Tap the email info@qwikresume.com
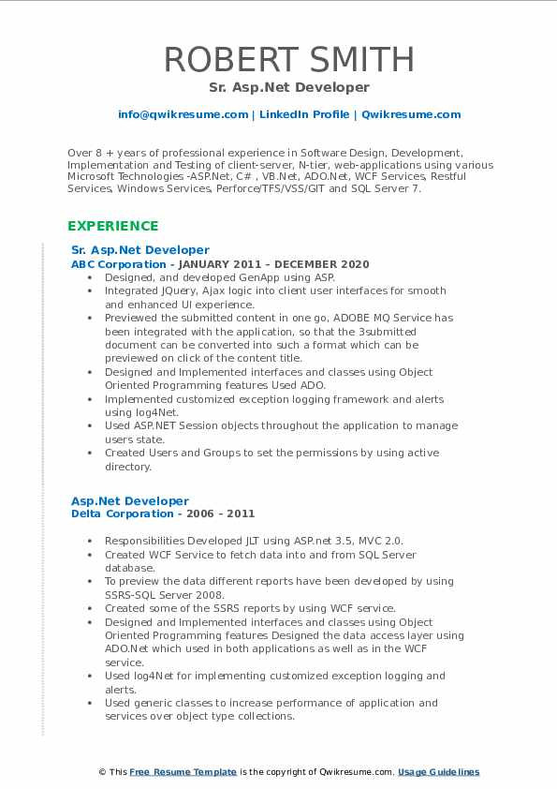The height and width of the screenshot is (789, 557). (183, 114)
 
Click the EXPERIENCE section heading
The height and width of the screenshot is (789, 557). (113, 226)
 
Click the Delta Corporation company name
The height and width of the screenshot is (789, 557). (110, 514)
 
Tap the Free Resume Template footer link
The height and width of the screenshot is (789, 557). (183, 772)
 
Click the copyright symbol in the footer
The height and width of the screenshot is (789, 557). (103, 772)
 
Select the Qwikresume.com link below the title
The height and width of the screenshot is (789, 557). (411, 114)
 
